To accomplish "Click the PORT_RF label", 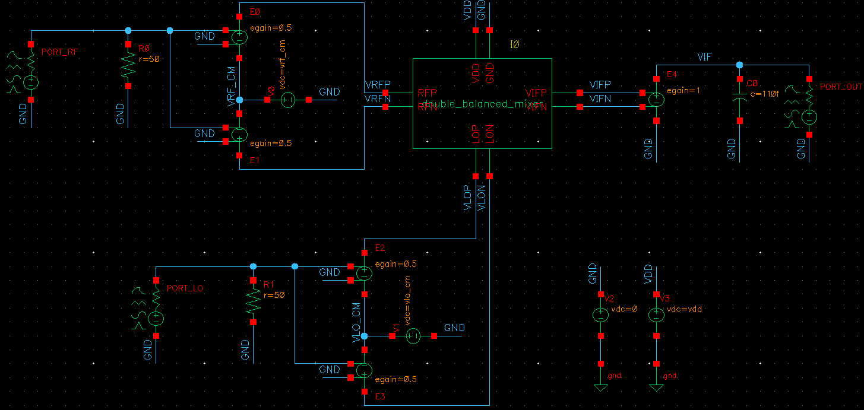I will (x=59, y=52).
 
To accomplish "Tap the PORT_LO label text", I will (x=185, y=288).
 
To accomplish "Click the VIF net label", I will (x=704, y=57).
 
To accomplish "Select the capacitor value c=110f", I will (x=764, y=94).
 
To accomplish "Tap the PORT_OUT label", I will (x=840, y=87).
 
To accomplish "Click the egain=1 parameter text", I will (x=683, y=91).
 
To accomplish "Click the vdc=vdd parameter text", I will (x=685, y=309).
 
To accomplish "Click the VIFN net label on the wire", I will (x=600, y=99).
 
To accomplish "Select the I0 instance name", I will (x=515, y=45).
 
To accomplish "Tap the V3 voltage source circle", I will (x=656, y=315).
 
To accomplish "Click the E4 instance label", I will (x=672, y=74).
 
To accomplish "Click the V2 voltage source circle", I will (x=600, y=315).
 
